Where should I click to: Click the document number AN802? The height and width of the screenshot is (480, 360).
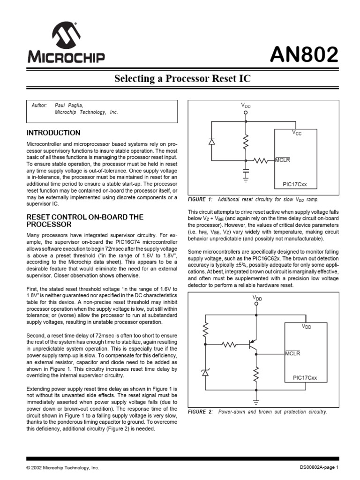(304, 56)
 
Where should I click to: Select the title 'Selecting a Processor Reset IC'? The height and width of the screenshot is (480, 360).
(182, 79)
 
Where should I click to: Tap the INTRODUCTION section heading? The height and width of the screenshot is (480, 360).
(53, 133)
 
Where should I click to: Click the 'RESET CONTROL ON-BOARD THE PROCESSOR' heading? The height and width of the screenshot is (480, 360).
(85, 221)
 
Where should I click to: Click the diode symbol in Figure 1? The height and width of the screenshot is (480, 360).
(211, 141)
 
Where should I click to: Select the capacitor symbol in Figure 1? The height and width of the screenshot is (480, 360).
(246, 173)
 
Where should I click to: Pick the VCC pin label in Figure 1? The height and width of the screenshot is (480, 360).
(297, 133)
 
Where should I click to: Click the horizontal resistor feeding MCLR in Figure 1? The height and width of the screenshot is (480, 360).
(260, 161)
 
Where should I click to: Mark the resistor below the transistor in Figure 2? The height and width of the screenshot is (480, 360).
(256, 375)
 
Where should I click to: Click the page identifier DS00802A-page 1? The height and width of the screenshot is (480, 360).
(319, 468)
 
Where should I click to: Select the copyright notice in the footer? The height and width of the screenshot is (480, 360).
(63, 468)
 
